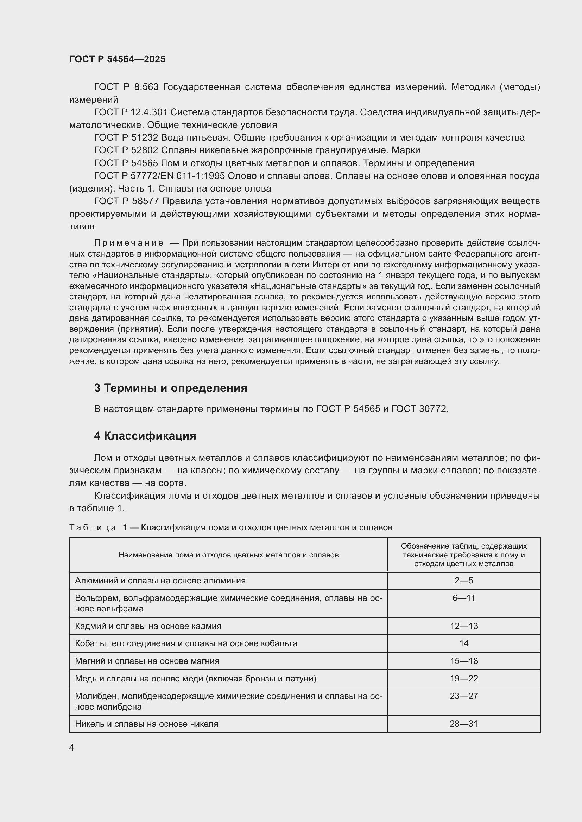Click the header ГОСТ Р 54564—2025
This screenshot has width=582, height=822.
pos(117,59)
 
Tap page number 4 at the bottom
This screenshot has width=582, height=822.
pos(71,748)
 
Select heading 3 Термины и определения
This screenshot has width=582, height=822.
pos(171,388)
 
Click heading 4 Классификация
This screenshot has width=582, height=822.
pos(145,436)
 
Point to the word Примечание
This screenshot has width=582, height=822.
pos(129,243)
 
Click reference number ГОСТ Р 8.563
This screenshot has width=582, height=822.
pos(126,87)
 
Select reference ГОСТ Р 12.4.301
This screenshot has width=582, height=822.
pos(131,112)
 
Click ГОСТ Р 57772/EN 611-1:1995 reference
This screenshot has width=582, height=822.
pos(159,176)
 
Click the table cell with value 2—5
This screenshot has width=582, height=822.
pos(464,580)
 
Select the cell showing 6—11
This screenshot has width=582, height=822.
pos(464,598)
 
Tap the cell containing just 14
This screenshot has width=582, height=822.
pos(464,643)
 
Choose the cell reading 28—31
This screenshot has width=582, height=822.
pos(464,724)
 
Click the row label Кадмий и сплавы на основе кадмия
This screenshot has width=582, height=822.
pos(148,626)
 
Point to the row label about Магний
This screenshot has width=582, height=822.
pos(147,661)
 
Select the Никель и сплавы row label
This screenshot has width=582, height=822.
pos(146,724)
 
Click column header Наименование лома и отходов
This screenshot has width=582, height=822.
pos(228,555)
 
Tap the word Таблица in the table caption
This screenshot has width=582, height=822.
pos(93,527)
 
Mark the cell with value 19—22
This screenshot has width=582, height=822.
pos(464,678)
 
